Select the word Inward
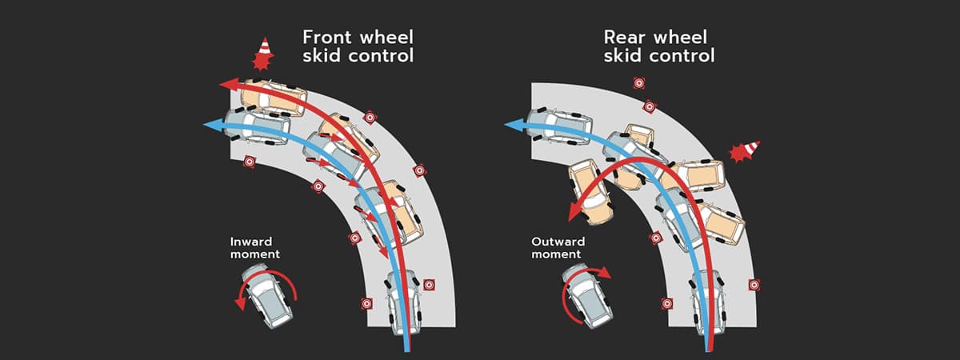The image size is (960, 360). coord(252,241)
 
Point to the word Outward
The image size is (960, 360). coord(558,241)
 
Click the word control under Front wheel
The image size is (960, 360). coord(379,57)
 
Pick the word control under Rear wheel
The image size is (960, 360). coord(680,57)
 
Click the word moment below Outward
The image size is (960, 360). coord(558,254)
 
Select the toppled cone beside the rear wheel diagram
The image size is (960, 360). coord(743,151)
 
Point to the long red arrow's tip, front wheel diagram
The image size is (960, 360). coord(227,83)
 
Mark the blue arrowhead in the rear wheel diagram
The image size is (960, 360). coord(512,125)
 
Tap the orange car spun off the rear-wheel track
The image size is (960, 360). coord(590,191)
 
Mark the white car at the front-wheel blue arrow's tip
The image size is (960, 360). coord(256,126)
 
